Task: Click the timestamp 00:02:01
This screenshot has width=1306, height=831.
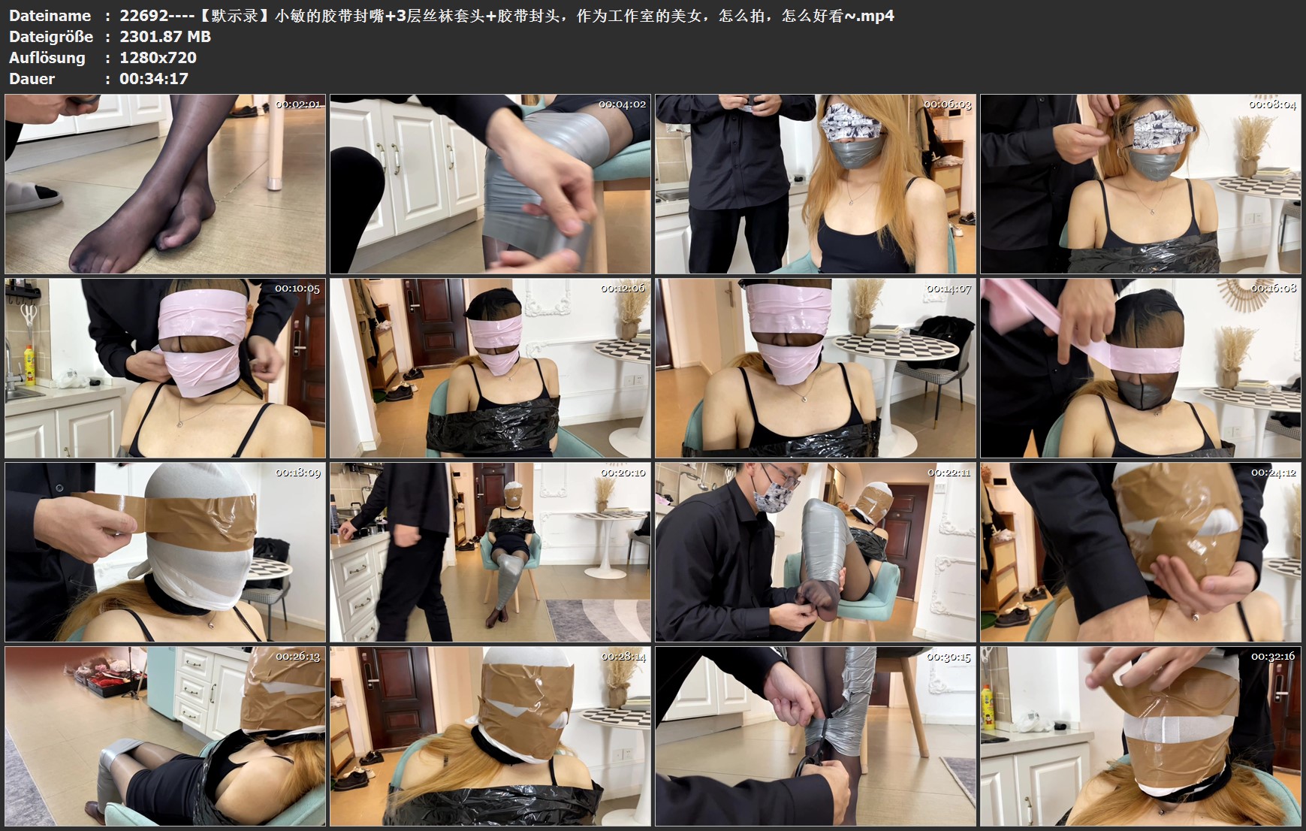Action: pyautogui.click(x=298, y=104)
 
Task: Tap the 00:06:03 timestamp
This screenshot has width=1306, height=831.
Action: pyautogui.click(x=948, y=104)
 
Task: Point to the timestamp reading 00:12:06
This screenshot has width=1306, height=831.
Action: pyautogui.click(x=623, y=289)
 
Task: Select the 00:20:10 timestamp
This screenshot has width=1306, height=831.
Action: pyautogui.click(x=623, y=473)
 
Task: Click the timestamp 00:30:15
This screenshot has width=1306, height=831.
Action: pyautogui.click(x=949, y=657)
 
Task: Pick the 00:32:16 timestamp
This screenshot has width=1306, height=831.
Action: pyautogui.click(x=1273, y=657)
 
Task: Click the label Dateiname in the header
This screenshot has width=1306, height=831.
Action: pyautogui.click(x=50, y=16)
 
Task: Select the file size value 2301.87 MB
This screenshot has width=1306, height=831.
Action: pyautogui.click(x=165, y=37)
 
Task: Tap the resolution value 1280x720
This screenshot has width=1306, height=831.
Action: pyautogui.click(x=158, y=58)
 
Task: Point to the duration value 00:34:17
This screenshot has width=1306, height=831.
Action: pyautogui.click(x=154, y=79)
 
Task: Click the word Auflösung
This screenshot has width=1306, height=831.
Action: pyautogui.click(x=47, y=58)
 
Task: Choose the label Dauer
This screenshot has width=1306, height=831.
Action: pyautogui.click(x=32, y=79)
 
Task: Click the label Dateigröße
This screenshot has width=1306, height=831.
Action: pyautogui.click(x=51, y=37)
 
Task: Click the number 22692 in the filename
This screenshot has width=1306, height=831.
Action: pyautogui.click(x=143, y=16)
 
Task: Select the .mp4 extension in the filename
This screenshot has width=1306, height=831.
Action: pyautogui.click(x=876, y=16)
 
